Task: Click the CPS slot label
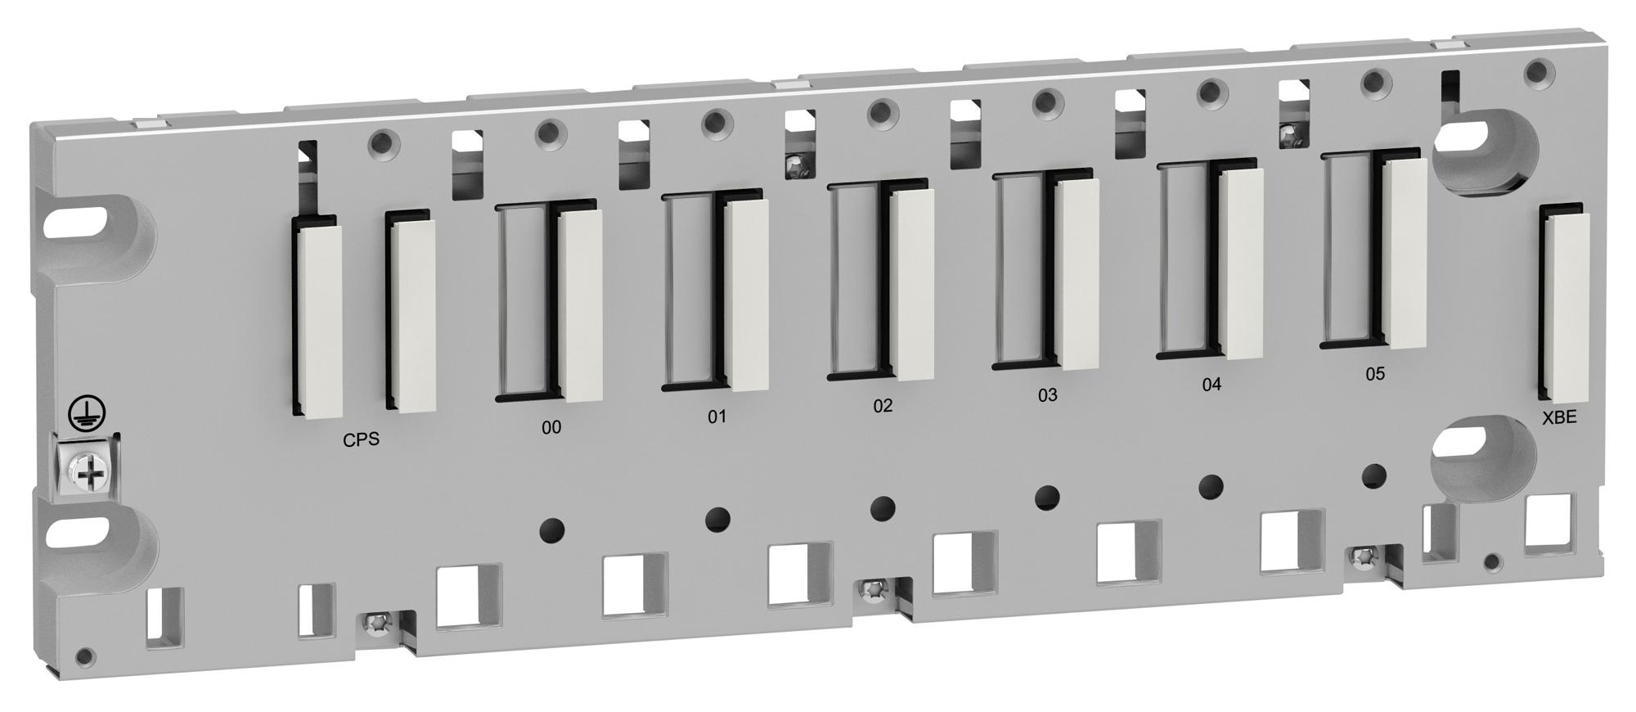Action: pos(361,439)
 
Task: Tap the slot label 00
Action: pos(551,427)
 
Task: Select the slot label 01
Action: pos(717,417)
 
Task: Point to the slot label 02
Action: pos(883,405)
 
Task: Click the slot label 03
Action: pos(1047,395)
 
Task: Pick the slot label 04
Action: pos(1211,385)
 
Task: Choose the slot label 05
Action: pos(1375,374)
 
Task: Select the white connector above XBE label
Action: pos(1566,311)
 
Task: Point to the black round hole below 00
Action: pos(553,530)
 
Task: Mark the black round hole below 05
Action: pos(1375,475)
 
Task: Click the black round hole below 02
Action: pos(883,508)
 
